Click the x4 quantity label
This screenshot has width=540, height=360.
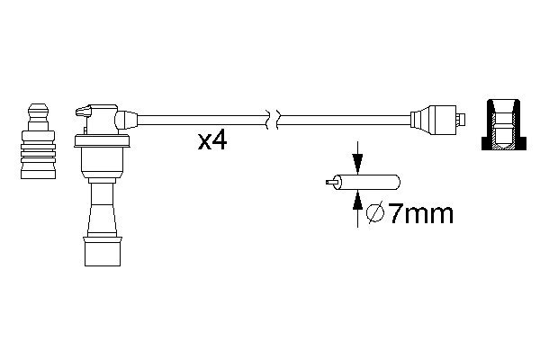pyautogui.click(x=212, y=141)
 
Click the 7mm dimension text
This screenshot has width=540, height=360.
pyautogui.click(x=421, y=213)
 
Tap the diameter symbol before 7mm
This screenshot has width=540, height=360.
pyautogui.click(x=375, y=213)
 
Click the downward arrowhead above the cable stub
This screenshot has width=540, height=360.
pyautogui.click(x=358, y=164)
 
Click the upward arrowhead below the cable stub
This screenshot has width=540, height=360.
pyautogui.click(x=358, y=201)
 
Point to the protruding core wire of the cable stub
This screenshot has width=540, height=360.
pyautogui.click(x=330, y=182)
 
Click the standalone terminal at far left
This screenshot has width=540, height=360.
pyautogui.click(x=38, y=141)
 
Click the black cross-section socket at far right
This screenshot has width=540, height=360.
pyautogui.click(x=504, y=124)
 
